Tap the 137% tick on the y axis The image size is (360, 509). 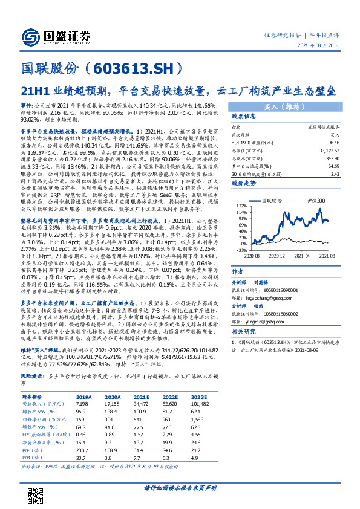tap(241, 206)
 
